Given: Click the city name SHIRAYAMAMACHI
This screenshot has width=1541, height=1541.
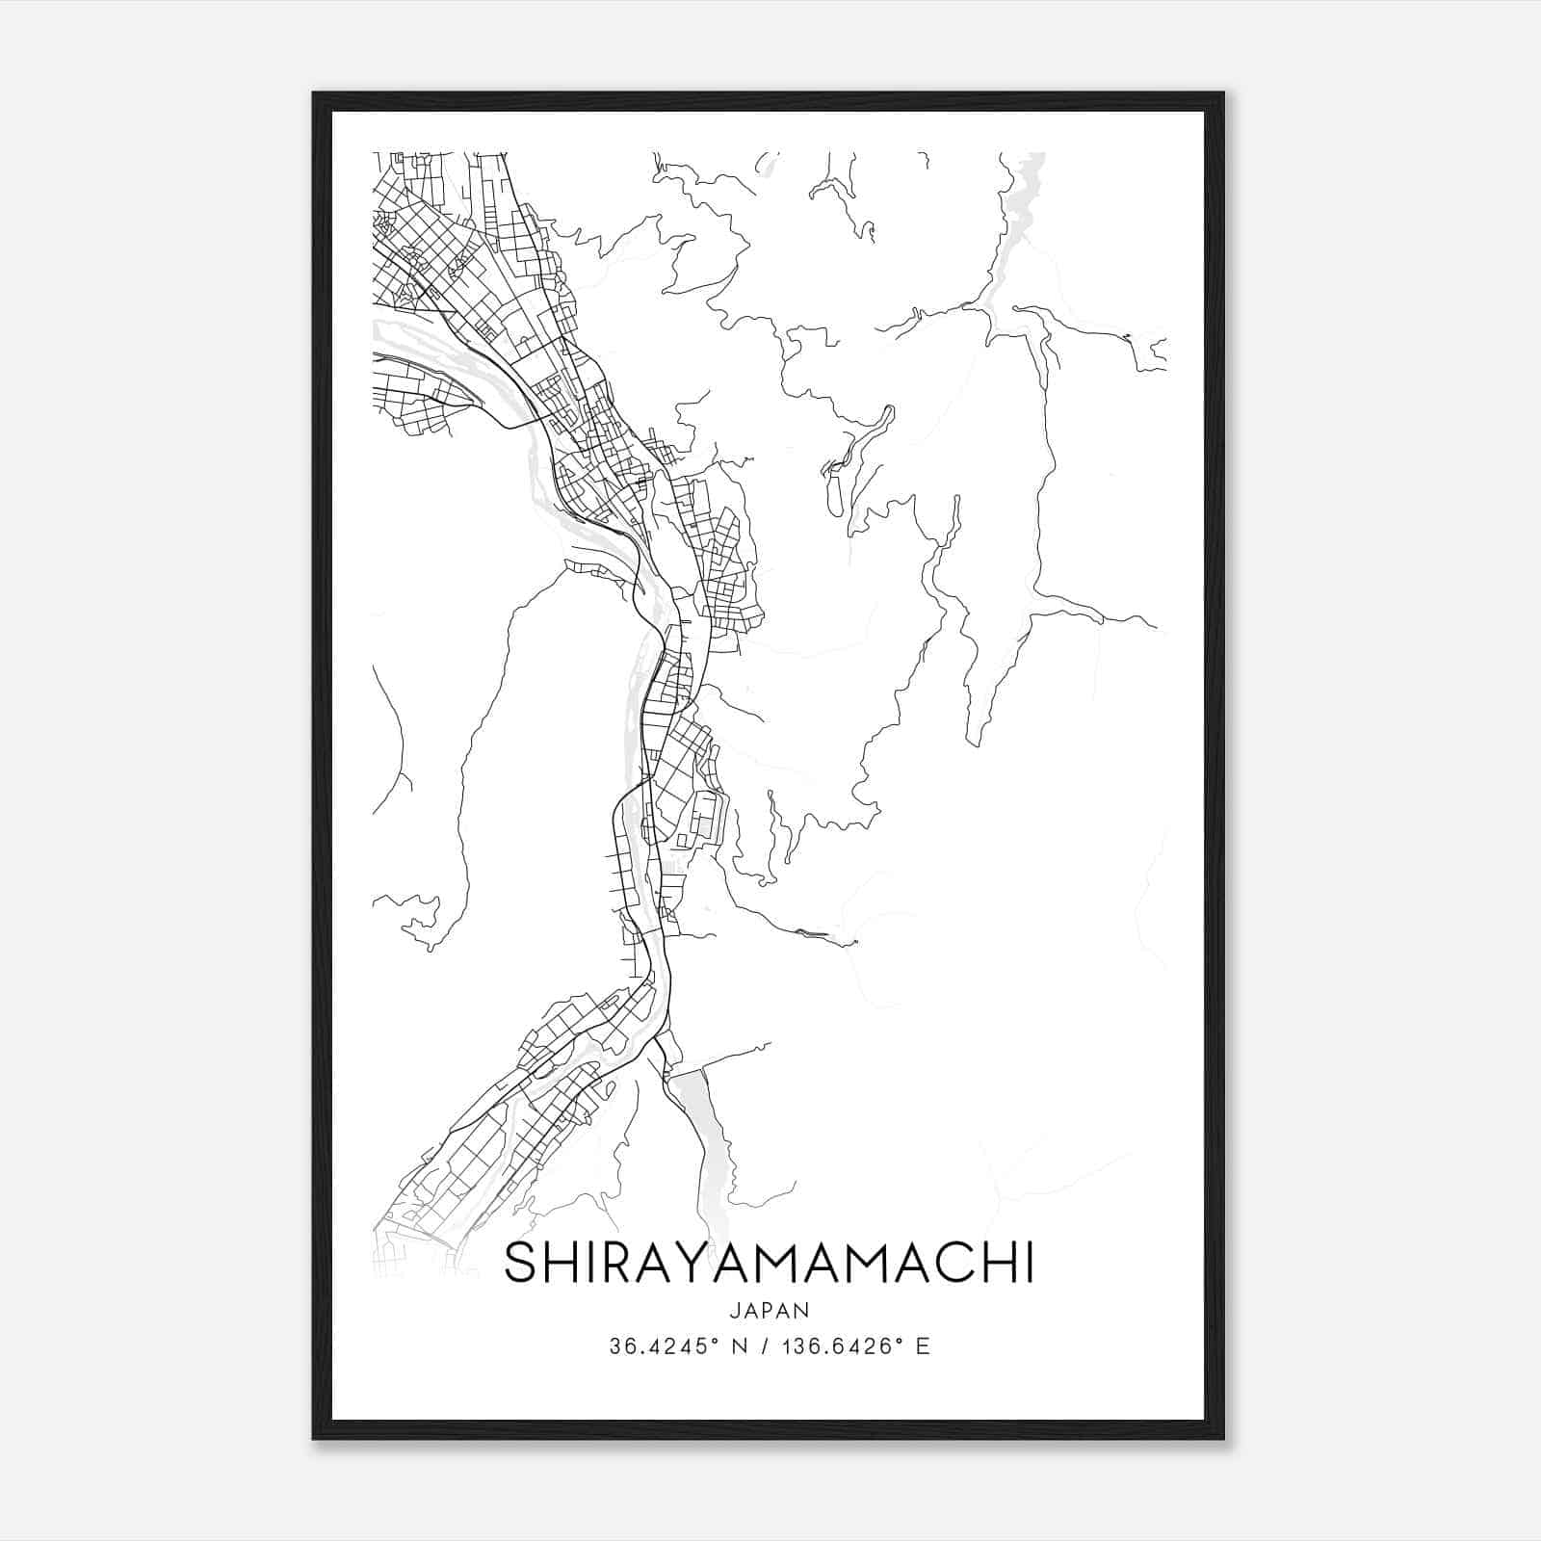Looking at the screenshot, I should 769,1264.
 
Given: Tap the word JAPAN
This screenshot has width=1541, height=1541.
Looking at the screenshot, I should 770,1311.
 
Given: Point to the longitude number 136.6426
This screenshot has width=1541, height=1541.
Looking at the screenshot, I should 836,1346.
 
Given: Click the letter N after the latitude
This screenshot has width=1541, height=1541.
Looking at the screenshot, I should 739,1346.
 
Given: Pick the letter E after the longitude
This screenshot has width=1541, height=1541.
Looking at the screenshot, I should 923,1346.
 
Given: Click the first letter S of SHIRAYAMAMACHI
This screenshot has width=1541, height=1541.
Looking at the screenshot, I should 520,1264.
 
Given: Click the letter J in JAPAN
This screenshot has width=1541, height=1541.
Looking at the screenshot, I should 734,1311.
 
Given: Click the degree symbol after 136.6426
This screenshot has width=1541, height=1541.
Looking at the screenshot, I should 901,1340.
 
